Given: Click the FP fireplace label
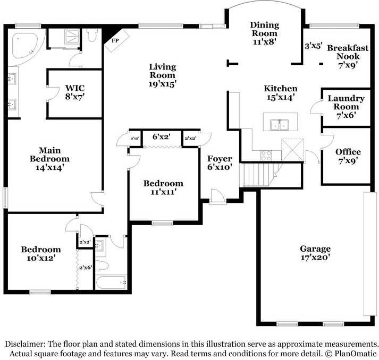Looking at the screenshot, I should click(x=115, y=40).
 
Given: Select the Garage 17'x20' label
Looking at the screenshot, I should click(x=315, y=253).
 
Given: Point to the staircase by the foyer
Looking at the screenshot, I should click(x=258, y=174).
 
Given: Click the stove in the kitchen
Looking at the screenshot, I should click(x=266, y=155).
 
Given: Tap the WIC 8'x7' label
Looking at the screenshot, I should click(x=75, y=92).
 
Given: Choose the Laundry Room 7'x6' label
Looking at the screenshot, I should click(x=346, y=106).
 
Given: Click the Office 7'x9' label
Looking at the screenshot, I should click(x=348, y=157).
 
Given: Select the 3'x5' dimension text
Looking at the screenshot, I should click(x=313, y=46).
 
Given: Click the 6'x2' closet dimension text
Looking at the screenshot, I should click(x=161, y=137).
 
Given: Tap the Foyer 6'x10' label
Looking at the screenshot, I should click(x=220, y=162).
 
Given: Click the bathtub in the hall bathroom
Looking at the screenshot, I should click(x=112, y=282).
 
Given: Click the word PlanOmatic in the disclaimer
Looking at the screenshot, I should click(x=356, y=353).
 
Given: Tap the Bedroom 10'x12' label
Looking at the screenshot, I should click(x=40, y=253).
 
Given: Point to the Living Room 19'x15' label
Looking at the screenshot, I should click(x=162, y=75).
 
